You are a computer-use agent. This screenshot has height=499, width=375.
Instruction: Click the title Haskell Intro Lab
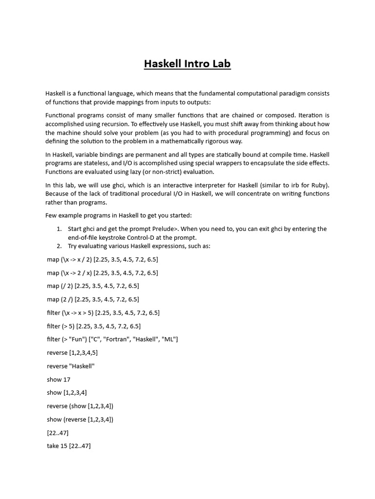coord(187,64)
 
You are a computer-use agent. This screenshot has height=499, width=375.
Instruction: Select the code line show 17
coord(59,379)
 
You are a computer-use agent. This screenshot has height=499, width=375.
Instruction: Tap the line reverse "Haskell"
coord(71,366)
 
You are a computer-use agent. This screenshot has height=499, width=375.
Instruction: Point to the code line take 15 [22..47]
coord(69,446)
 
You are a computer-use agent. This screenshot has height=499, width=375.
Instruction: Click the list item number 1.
coord(59,229)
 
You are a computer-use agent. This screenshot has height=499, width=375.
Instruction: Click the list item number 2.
coord(59,246)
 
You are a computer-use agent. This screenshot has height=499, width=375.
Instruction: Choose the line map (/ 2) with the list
coord(93,286)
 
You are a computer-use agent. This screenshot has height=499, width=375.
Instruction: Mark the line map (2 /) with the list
coord(93,299)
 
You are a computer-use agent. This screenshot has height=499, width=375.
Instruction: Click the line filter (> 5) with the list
coord(94,326)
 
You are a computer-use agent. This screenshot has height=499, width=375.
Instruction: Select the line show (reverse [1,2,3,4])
coord(80,419)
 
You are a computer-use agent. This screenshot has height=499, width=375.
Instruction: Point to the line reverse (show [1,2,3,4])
coord(80,406)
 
